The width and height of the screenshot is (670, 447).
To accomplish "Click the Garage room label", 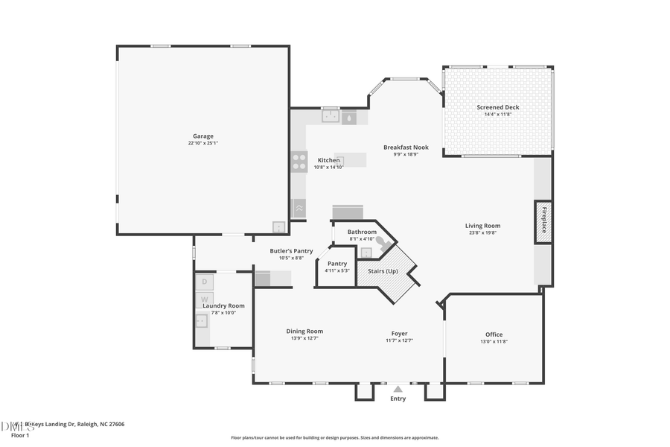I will pos(203,136).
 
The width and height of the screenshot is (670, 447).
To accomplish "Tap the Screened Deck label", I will pos(498,107).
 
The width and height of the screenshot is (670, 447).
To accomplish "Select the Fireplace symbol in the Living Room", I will pos(543,221).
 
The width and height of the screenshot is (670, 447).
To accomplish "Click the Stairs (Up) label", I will pos(383,271).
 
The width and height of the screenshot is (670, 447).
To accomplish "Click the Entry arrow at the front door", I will pos(398,388).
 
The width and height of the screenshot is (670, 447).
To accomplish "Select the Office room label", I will pos(494,335).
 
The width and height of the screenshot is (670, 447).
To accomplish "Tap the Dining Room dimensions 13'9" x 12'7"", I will pos(305,339).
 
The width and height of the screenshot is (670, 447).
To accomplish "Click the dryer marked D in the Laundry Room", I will pos(205,282).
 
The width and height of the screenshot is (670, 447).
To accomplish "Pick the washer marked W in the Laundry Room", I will pos(205,299).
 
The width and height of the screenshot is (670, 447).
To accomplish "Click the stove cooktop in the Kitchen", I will pos(299,161).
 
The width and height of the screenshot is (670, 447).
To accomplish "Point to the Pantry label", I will pos(337,264).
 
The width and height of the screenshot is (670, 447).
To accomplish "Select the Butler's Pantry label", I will pos(291,251).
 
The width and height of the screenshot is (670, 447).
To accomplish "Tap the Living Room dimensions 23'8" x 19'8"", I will pos(483,232).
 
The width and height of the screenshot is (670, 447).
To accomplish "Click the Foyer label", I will pos(399,333).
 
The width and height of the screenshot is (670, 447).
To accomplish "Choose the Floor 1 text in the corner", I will pos(20,435).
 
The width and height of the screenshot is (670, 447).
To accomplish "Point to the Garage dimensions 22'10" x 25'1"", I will pos(203,143).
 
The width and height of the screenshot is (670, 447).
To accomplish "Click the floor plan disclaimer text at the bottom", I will pos(334,438).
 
